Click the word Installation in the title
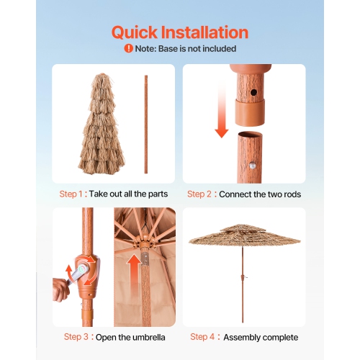point(209,32)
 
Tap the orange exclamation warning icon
point(128,49)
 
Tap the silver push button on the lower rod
point(256,166)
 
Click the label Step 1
point(73,194)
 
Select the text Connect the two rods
point(260,194)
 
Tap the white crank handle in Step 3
point(81,272)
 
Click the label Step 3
point(77,337)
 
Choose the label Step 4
point(203,337)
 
